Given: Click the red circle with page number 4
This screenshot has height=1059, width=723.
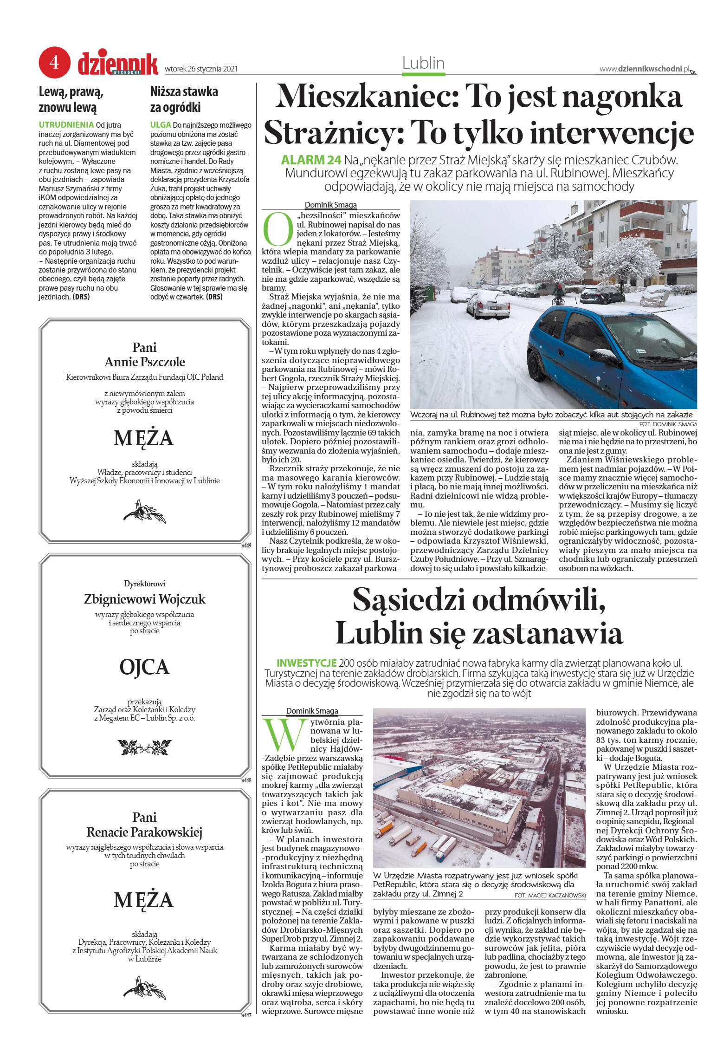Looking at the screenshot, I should tap(55, 62).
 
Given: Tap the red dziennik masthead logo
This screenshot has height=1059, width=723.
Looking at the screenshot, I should tap(118, 64).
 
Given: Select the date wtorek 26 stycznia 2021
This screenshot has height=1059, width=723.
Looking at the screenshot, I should tap(201, 69).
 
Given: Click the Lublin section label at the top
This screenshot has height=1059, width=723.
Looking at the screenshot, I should tap(423, 63).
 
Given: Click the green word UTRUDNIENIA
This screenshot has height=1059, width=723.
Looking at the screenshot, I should tap(66, 125).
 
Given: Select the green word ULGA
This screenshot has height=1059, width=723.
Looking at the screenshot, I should tap(161, 125).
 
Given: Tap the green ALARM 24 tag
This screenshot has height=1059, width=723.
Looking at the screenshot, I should tap(311, 160).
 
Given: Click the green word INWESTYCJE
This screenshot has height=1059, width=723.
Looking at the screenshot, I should tap(306, 663).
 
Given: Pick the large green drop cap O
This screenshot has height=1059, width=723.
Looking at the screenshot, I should tap(278, 229).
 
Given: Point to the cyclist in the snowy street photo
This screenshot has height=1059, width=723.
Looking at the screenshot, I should tap(559, 294).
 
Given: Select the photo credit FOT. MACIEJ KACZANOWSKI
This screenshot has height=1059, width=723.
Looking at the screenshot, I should tap(550, 895).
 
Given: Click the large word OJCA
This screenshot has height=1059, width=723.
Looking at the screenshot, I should tap(144, 667).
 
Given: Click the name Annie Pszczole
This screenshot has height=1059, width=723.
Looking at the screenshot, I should tap(144, 362).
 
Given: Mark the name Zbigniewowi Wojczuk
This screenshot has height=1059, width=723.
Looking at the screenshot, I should tap(144, 599).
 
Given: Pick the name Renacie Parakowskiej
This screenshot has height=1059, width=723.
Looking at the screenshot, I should tap(144, 832).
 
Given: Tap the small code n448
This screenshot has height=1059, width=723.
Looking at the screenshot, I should tap(246, 780).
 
